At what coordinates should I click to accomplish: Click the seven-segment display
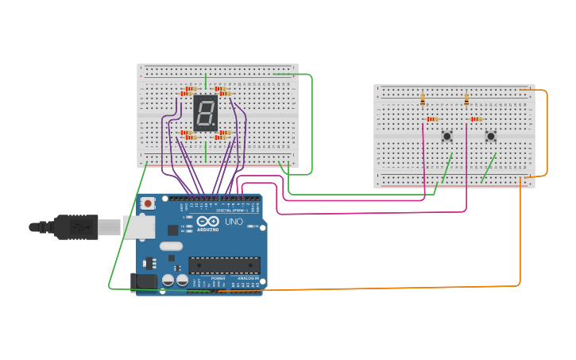205,114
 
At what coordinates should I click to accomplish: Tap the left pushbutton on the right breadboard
447,136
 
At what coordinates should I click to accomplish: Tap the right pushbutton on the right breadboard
491,136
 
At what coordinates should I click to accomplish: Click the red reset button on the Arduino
148,204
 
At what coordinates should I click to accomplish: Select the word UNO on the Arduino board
234,221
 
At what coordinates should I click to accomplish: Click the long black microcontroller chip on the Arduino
224,265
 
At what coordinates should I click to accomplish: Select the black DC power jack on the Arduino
144,281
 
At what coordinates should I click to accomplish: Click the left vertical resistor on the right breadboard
423,99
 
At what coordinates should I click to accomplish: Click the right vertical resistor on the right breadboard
466,99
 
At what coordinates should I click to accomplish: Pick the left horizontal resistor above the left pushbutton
432,119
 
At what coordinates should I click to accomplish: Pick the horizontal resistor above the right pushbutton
476,119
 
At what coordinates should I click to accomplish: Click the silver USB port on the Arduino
137,227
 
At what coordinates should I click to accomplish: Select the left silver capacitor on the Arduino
168,280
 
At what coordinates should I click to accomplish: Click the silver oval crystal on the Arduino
170,246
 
